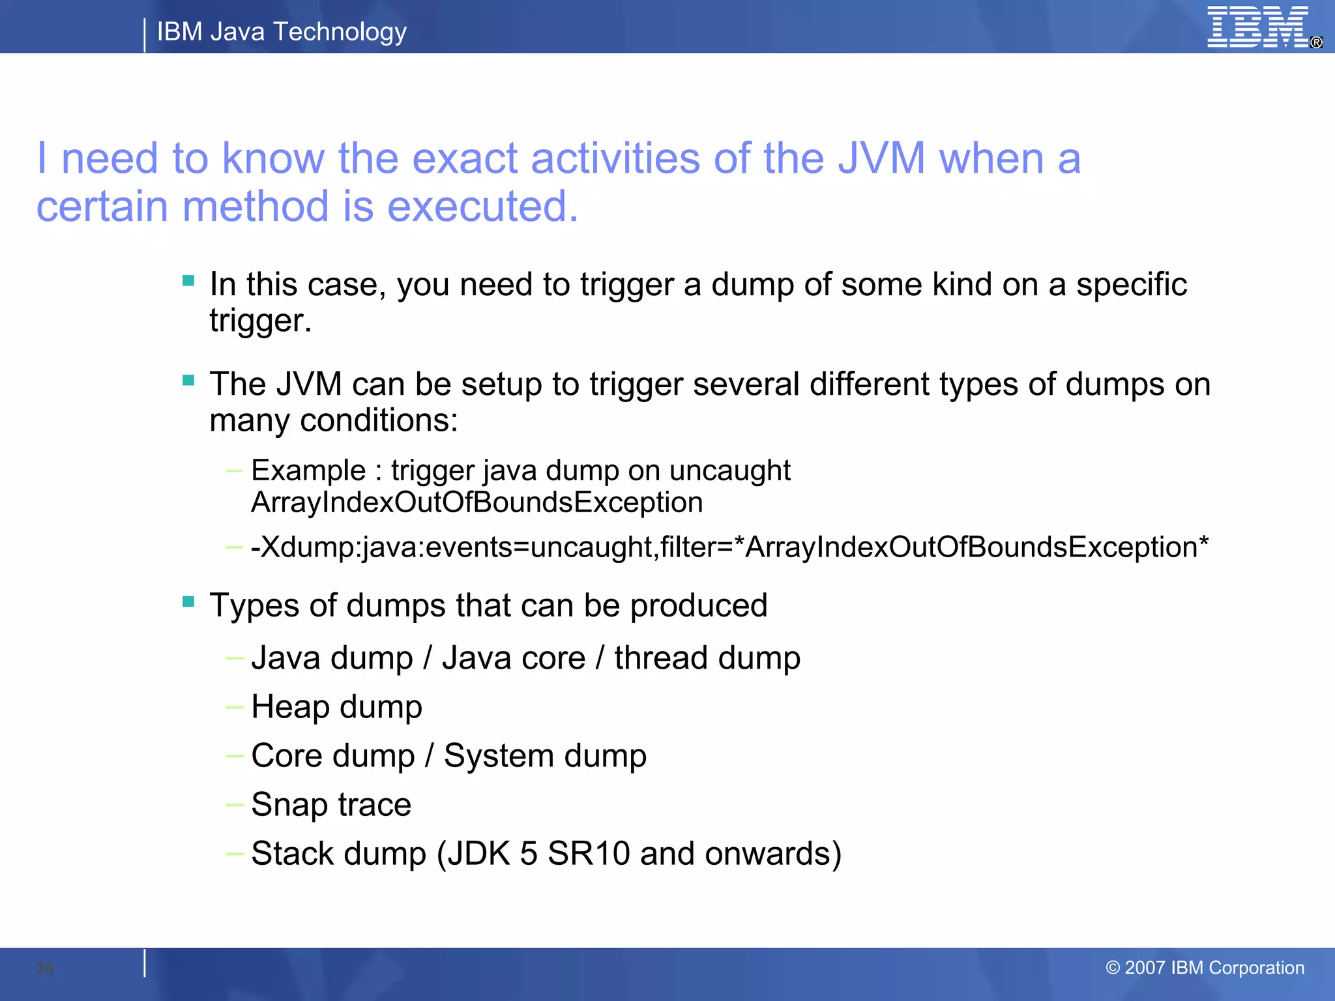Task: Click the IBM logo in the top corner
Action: point(1257,27)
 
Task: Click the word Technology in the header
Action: point(340,31)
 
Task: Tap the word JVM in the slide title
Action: point(881,158)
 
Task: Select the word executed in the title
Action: point(482,207)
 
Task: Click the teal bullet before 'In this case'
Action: point(189,281)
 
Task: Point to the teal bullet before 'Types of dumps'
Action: point(189,602)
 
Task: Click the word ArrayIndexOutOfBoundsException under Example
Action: point(477,502)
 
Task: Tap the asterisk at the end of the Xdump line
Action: point(1203,542)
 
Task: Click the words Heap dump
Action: point(336,707)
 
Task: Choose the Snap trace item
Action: point(331,804)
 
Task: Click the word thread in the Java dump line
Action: point(661,658)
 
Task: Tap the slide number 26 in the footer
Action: point(45,968)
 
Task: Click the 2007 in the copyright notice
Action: point(1145,968)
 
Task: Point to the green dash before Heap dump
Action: point(235,707)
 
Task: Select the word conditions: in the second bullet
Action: point(379,420)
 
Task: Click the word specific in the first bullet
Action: point(1131,285)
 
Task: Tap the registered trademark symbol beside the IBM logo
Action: point(1316,42)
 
